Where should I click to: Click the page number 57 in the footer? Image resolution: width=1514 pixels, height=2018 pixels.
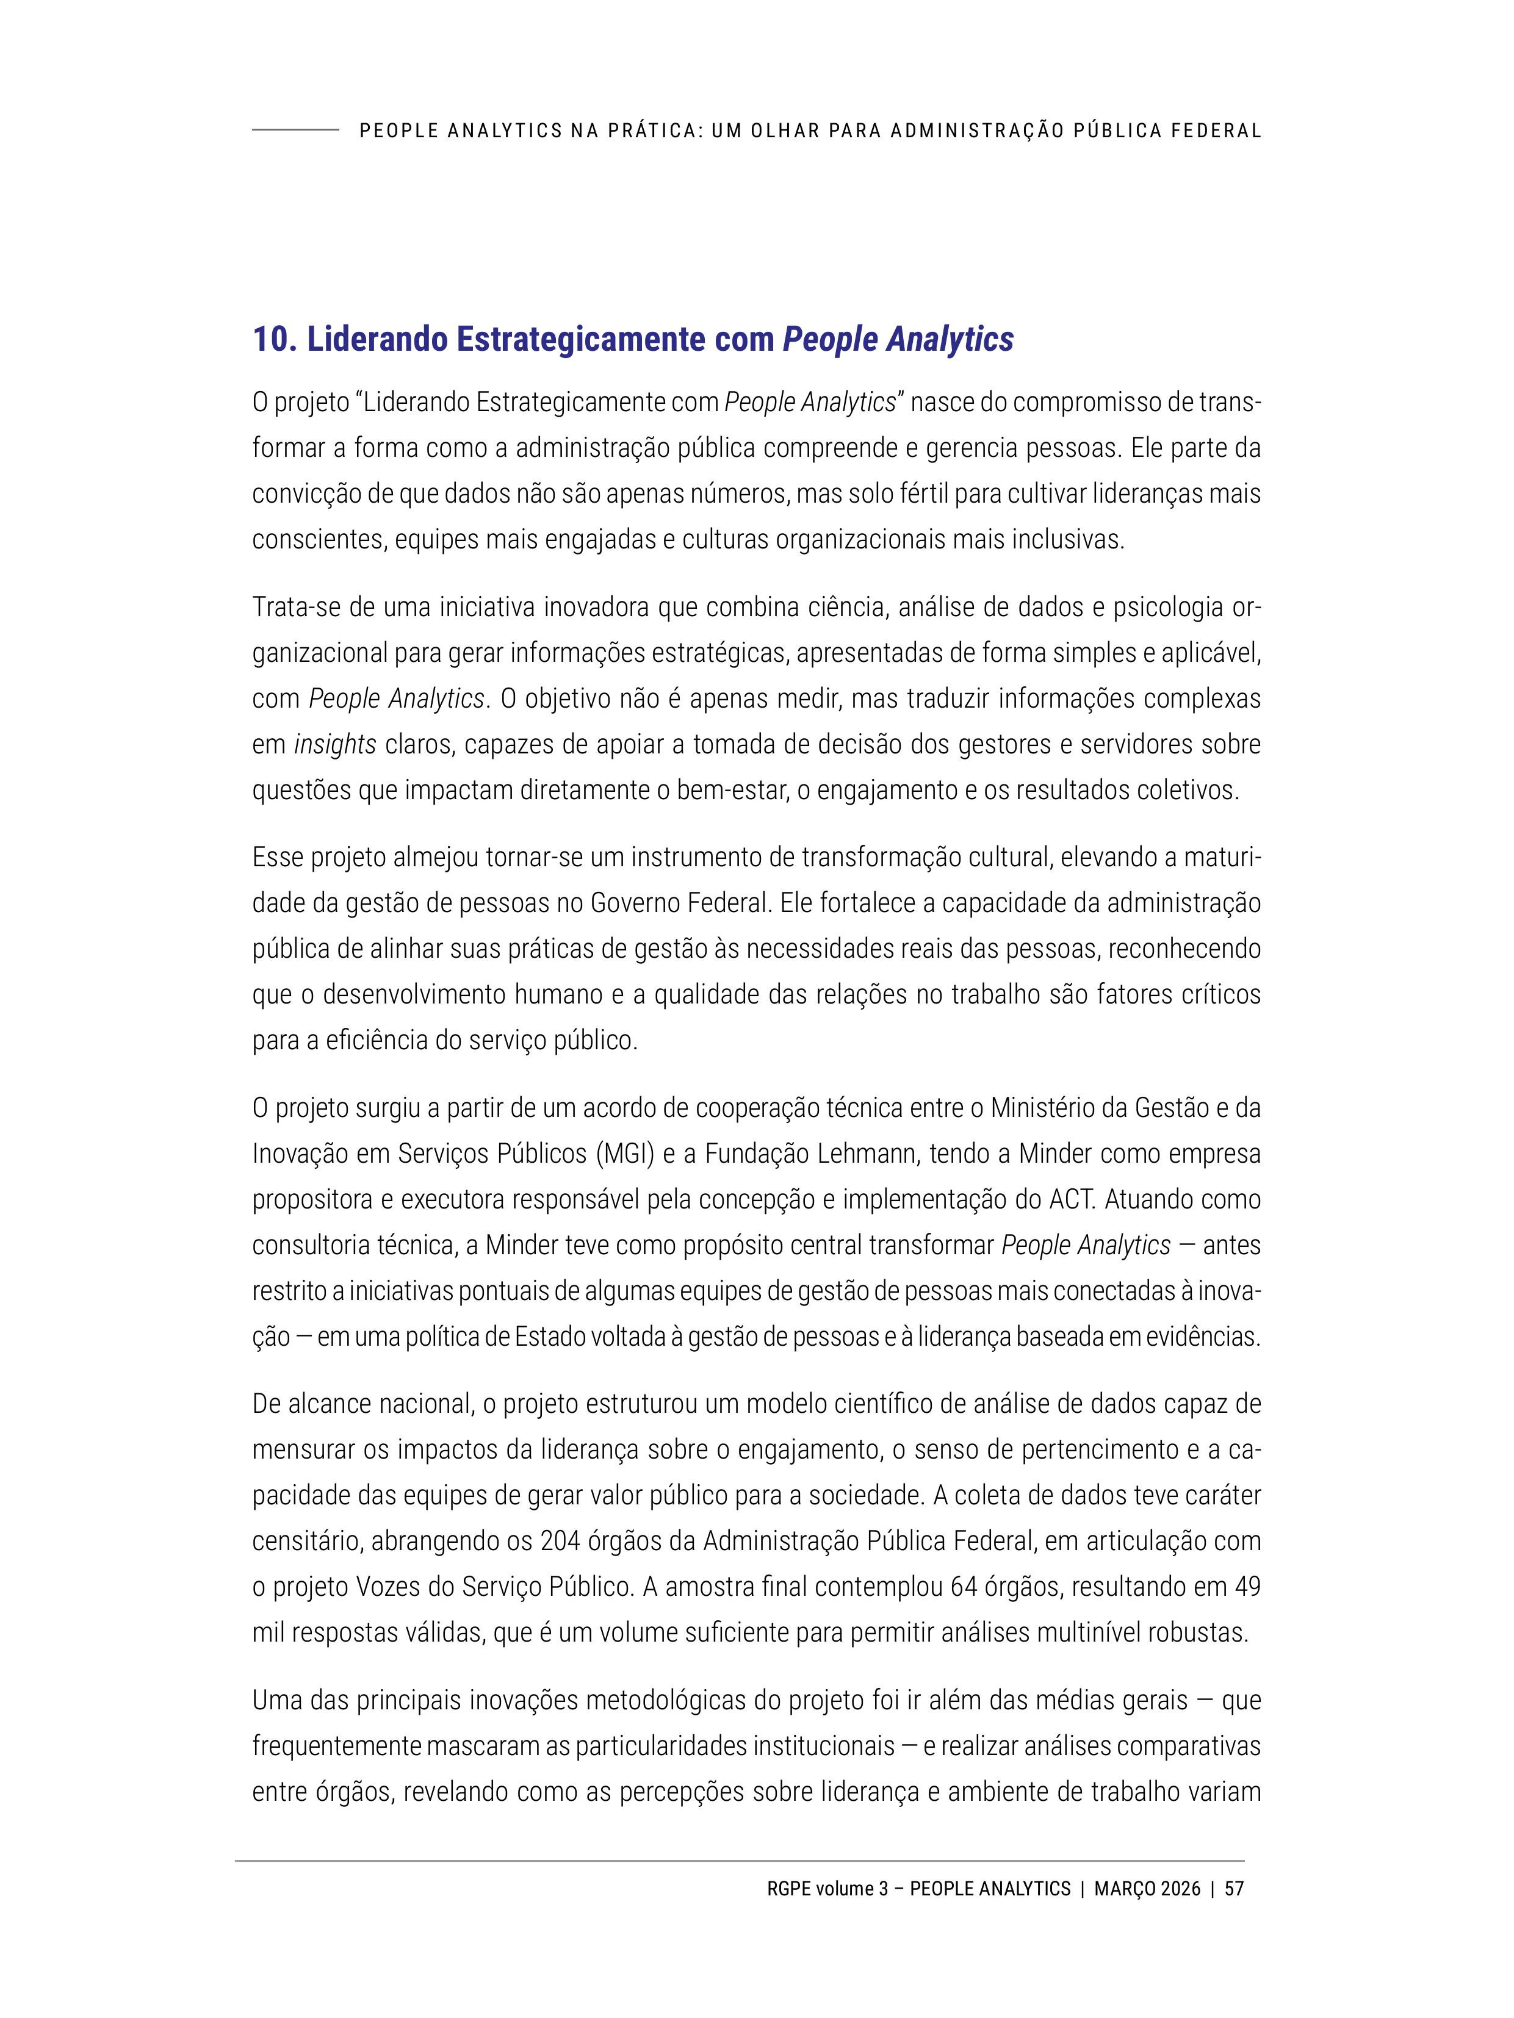click(x=1234, y=1889)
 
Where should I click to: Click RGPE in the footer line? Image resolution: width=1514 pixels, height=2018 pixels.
click(x=787, y=1889)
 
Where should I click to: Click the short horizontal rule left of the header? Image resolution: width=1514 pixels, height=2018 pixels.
click(x=295, y=131)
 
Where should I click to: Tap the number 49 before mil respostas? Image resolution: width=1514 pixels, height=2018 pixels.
click(x=1247, y=1587)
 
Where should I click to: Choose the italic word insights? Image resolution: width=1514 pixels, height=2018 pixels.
click(x=335, y=744)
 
